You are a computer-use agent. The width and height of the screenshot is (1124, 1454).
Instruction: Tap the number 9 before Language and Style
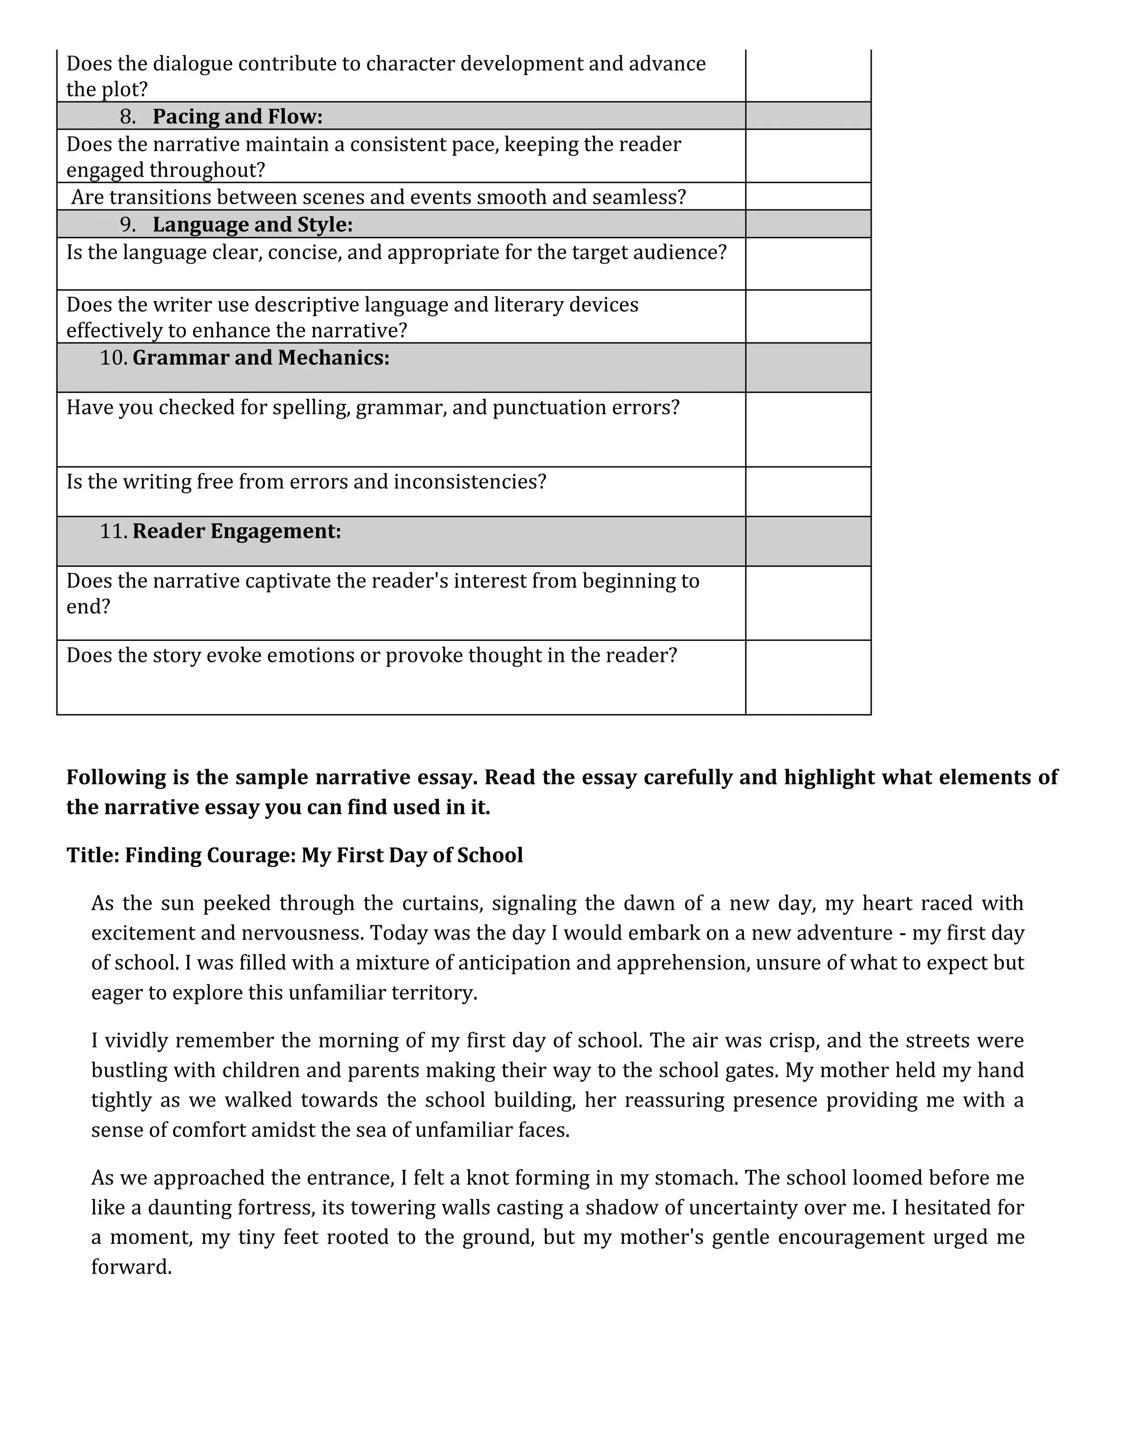click(x=127, y=225)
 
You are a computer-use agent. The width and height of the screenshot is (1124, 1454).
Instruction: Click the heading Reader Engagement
click(x=237, y=531)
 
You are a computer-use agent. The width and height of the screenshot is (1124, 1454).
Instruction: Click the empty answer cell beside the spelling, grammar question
click(x=808, y=430)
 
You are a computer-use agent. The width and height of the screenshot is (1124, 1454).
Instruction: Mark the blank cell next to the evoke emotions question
click(x=808, y=677)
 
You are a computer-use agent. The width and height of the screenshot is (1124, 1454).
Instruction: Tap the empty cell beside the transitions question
click(x=808, y=196)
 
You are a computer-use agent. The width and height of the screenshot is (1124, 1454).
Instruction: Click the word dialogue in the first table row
click(x=193, y=64)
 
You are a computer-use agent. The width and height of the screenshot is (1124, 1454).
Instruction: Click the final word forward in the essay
click(x=131, y=1267)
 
